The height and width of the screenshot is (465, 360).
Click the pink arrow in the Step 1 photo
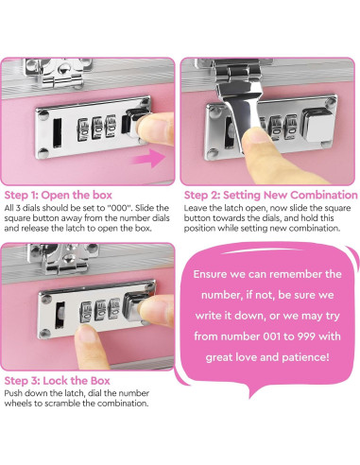tap(149, 159)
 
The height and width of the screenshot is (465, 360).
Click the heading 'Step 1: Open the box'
tap(59, 195)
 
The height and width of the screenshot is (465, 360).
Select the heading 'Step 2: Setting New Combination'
tap(271, 195)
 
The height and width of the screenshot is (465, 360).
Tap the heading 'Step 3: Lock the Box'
tap(57, 381)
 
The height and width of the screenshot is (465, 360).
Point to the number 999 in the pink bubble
tap(306, 336)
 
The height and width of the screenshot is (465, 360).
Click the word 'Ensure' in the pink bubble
tap(210, 274)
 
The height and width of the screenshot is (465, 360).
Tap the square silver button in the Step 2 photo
tap(319, 126)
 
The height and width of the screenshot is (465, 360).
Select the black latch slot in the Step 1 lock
tap(58, 132)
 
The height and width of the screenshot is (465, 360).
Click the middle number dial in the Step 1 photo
tap(96, 129)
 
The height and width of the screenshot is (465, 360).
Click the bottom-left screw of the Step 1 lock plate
tap(43, 153)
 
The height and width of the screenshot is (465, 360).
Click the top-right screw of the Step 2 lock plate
tap(331, 102)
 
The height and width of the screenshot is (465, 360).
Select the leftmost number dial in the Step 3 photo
tap(86, 311)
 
